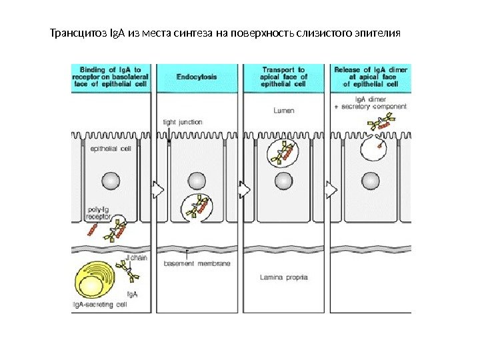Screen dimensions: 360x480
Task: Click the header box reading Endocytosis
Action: (196, 77)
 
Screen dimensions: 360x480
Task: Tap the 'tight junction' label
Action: (183, 122)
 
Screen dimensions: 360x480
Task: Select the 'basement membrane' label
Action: (197, 264)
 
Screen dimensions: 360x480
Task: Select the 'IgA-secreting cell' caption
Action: (101, 305)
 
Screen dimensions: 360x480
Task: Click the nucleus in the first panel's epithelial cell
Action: (111, 180)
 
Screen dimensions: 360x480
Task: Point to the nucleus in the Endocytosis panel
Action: (196, 180)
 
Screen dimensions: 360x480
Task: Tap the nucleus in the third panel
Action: (285, 180)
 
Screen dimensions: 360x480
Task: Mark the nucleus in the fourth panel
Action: (371, 180)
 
